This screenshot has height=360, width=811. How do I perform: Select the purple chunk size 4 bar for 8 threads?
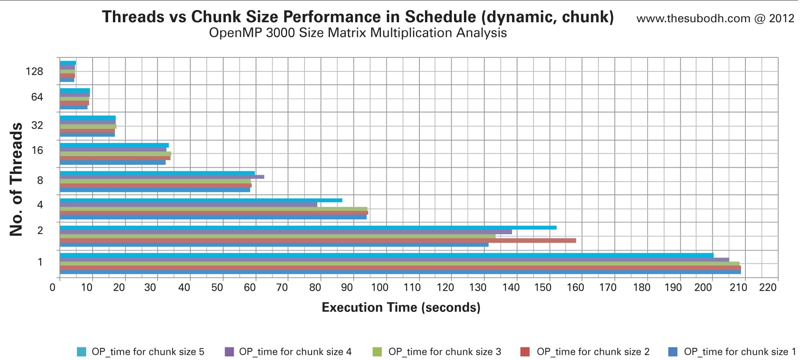tap(161, 177)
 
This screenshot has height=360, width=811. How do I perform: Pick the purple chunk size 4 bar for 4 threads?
tap(188, 205)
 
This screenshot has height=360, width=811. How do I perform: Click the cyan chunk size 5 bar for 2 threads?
tap(308, 228)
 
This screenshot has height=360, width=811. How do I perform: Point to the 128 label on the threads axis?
tap(34, 72)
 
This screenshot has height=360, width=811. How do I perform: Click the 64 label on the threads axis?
tap(37, 97)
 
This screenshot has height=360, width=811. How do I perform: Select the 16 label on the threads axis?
tap(37, 151)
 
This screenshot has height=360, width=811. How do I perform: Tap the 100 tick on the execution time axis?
tap(379, 288)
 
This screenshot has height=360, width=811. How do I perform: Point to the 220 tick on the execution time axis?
tap(768, 288)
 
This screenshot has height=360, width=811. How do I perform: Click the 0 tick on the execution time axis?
tap(52, 288)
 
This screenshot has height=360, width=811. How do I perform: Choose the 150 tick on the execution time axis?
tap(543, 288)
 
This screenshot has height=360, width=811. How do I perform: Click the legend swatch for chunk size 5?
tap(81, 352)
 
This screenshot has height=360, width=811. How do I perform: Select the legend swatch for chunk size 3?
tap(377, 352)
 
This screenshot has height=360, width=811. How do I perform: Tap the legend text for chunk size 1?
tap(740, 352)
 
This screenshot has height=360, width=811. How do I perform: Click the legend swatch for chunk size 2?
tap(525, 352)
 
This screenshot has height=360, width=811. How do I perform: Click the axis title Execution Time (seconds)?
tap(401, 308)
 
